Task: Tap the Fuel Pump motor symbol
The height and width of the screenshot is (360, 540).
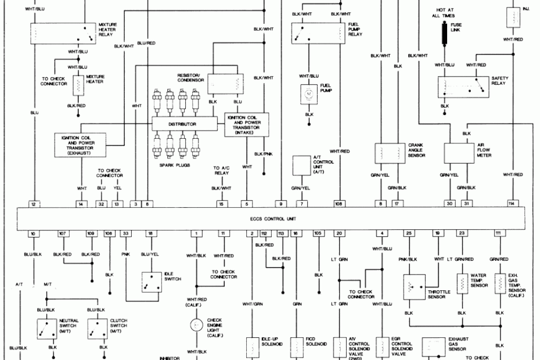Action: (309, 93)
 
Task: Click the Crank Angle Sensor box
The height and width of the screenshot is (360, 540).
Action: (390, 153)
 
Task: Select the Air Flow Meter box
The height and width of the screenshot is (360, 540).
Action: (459, 153)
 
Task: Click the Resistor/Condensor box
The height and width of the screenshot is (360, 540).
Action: (224, 85)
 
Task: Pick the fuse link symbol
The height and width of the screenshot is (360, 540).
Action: (445, 34)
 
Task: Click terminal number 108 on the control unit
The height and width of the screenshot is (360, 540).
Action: (338, 204)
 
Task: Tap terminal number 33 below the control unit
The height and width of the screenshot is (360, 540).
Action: (125, 233)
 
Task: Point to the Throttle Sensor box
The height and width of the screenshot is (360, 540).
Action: (415, 286)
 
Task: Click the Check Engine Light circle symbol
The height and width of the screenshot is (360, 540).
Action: (196, 325)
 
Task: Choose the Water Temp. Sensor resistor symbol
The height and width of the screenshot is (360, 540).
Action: (462, 284)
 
